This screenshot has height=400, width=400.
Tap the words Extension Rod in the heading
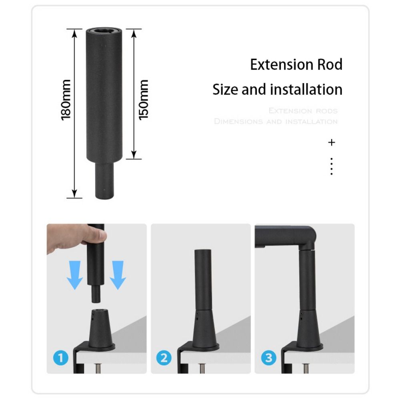(296, 64)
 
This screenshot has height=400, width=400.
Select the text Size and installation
(277, 89)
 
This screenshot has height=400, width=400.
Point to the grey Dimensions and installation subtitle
(276, 121)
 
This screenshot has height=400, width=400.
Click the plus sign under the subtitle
(331, 142)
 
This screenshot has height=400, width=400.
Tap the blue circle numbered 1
(61, 357)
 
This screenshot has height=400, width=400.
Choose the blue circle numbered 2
(164, 357)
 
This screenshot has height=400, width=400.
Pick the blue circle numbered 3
(268, 357)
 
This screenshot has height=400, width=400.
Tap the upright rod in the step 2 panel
(202, 280)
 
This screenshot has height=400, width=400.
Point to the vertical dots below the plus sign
(331, 166)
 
